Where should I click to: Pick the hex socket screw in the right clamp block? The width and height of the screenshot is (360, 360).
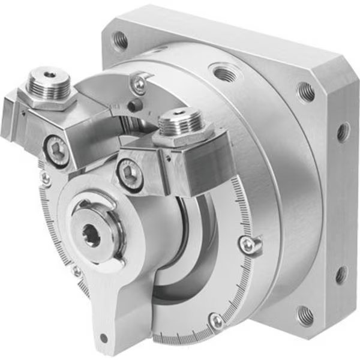coord(131,175)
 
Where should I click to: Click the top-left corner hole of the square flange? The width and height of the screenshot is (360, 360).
coord(121,40)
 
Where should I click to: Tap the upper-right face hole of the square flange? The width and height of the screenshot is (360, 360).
coord(306,91)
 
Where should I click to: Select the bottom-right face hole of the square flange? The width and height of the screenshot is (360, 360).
coord(304,314)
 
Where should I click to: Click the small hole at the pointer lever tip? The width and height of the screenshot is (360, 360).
coord(104,338)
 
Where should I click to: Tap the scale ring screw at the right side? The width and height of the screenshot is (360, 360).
coord(247,243)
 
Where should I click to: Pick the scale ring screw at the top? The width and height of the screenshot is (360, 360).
coord(139,85)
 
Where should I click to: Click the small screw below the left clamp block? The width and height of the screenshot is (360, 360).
coord(45,178)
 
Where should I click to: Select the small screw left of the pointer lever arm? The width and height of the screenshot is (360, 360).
coord(76,271)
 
